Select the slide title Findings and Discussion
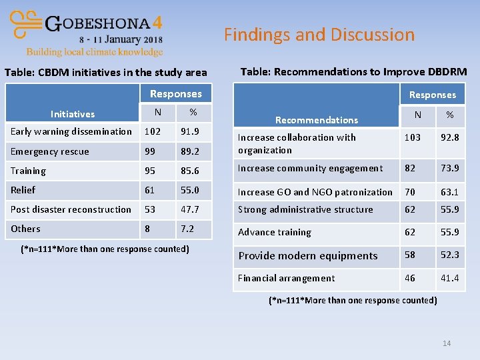tap(319, 35)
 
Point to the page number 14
tap(447, 343)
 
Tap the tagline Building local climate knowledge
tap(94, 52)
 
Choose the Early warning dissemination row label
tap(71, 131)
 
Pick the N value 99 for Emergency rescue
tap(151, 151)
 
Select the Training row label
tap(28, 171)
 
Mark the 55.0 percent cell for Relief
tap(189, 190)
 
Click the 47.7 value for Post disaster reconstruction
tap(189, 209)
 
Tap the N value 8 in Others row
tap(147, 229)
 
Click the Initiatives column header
tap(73, 114)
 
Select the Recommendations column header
tap(317, 120)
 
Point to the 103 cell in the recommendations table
tap(413, 137)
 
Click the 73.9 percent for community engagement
tap(449, 169)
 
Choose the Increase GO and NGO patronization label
tap(315, 192)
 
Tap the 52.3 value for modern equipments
tap(449, 255)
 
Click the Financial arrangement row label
tap(287, 278)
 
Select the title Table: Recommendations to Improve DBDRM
tap(353, 71)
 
